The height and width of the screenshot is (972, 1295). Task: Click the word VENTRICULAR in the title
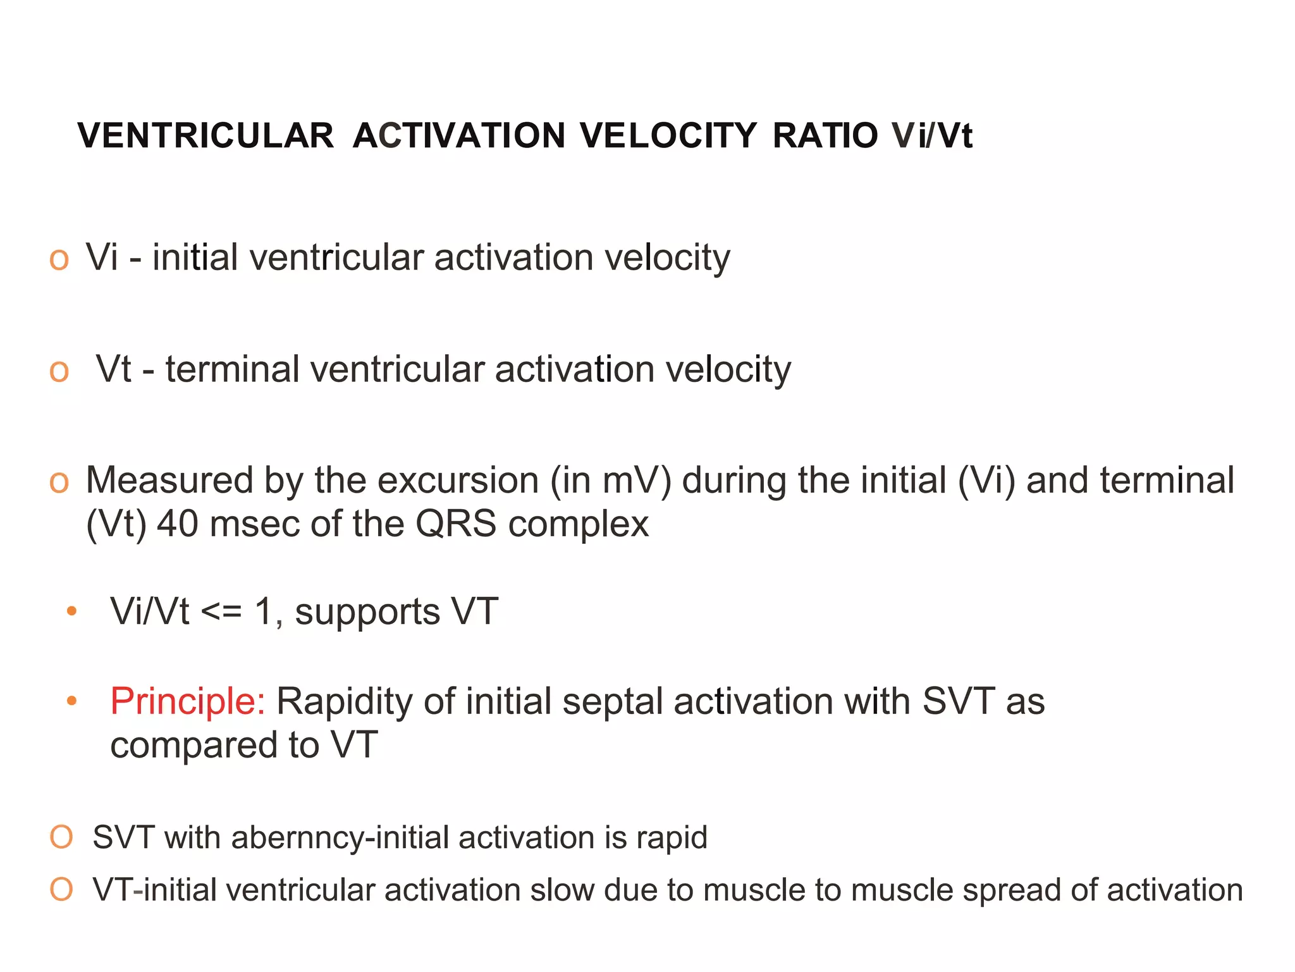click(x=206, y=135)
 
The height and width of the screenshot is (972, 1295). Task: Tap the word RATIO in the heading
click(x=825, y=135)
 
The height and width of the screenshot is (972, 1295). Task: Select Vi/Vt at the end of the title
click(x=932, y=135)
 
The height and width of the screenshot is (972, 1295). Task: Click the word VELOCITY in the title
click(x=668, y=135)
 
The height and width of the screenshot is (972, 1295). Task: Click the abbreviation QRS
click(x=455, y=524)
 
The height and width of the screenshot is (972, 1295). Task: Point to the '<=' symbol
click(x=221, y=612)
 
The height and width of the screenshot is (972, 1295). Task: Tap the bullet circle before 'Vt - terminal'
click(x=59, y=371)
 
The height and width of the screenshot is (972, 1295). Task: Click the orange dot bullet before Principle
click(x=72, y=701)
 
